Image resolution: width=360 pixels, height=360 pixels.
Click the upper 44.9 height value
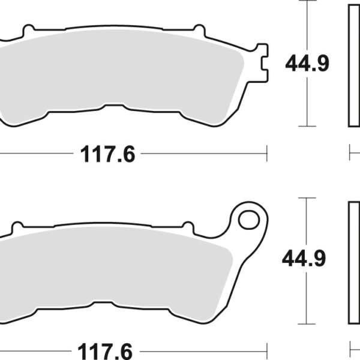(x=307, y=64)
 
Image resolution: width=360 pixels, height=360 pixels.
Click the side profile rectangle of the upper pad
(x=354, y=64)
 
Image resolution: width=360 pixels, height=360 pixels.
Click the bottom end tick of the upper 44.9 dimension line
(x=307, y=125)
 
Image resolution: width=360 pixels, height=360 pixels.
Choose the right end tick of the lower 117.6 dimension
(x=266, y=350)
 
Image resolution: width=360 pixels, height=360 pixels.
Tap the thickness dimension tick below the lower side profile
(x=350, y=350)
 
